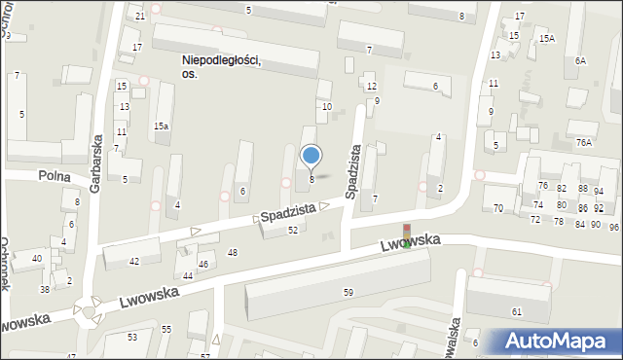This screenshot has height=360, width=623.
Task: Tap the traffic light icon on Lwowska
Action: [x=407, y=235]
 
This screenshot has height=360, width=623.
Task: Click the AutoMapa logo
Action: [x=556, y=341]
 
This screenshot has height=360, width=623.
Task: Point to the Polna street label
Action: [x=55, y=175]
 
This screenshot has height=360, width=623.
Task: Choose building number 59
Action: [x=348, y=292]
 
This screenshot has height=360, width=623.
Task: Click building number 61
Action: [x=517, y=311]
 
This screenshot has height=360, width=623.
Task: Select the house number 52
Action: [x=292, y=230]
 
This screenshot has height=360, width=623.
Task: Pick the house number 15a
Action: [x=161, y=126]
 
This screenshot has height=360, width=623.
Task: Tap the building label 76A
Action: [x=583, y=142]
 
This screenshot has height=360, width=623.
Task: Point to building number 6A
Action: [x=580, y=60]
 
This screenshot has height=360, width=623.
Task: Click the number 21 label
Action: [x=140, y=17]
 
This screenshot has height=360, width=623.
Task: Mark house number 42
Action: [x=134, y=261]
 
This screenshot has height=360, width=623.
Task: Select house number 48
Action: [x=232, y=253]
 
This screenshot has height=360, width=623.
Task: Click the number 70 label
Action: [x=497, y=208]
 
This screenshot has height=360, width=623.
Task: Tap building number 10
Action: [x=326, y=107]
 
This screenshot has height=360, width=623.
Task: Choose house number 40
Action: [x=37, y=258]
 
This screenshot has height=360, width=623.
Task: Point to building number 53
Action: [x=132, y=337]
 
